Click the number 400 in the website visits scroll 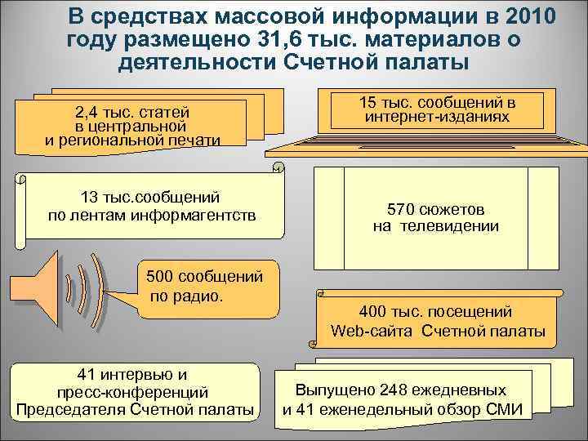click(373, 311)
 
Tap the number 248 click(396, 390)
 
